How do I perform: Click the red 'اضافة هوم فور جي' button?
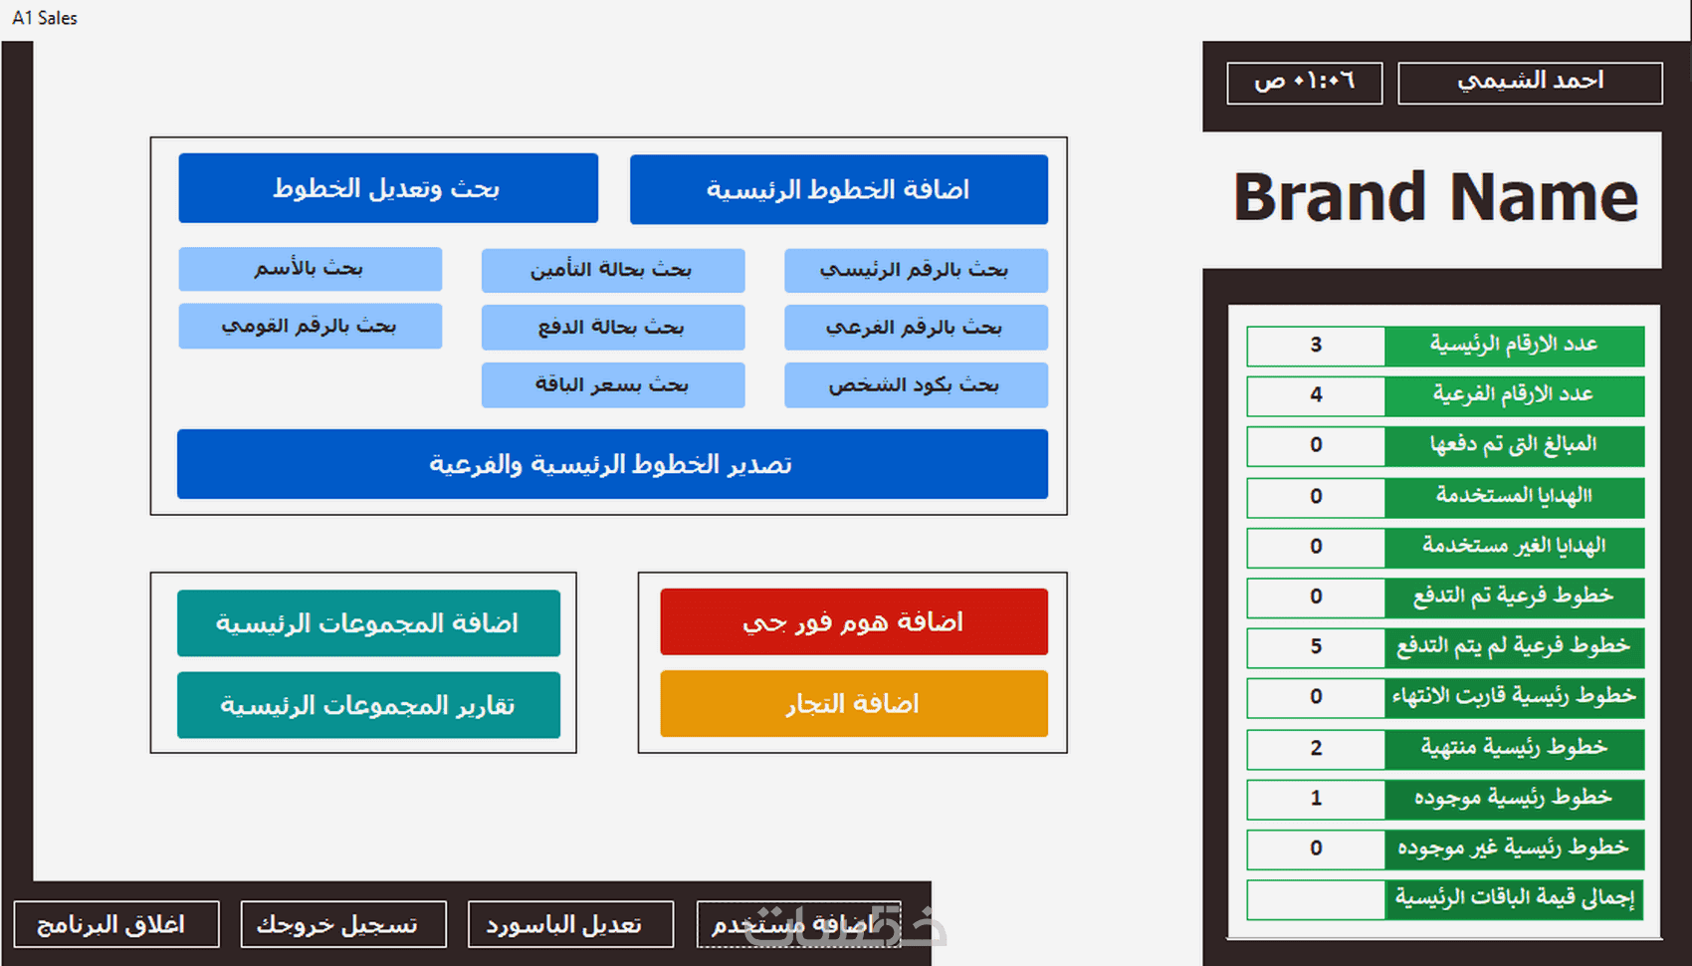click(854, 621)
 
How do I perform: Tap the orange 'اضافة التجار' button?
click(854, 704)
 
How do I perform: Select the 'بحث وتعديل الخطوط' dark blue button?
click(388, 188)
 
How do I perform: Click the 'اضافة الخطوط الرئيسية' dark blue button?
click(838, 190)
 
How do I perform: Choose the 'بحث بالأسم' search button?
click(311, 269)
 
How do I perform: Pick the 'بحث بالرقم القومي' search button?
click(311, 326)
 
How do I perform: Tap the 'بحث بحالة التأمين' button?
click(612, 270)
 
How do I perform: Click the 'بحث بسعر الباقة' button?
click(612, 384)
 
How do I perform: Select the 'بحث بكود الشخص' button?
click(916, 384)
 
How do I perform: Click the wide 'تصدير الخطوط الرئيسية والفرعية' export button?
click(612, 464)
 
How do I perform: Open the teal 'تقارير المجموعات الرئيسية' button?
click(368, 704)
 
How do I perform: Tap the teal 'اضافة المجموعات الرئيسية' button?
click(368, 622)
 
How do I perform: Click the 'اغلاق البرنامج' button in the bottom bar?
click(116, 924)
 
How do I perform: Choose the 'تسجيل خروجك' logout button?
click(343, 924)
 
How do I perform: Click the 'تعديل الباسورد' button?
click(570, 924)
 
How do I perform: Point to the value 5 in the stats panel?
click(1316, 647)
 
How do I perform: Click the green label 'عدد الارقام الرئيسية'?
click(1515, 346)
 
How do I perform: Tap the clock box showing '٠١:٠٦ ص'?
click(1305, 83)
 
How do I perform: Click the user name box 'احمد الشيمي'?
click(1531, 83)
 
